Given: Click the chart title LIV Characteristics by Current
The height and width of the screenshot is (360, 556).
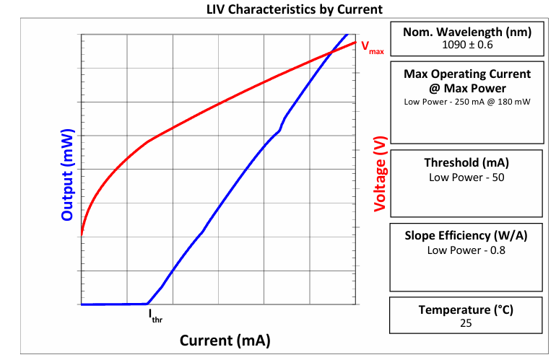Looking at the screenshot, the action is coord(295,9).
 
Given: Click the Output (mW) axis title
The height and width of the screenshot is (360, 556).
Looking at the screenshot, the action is coord(67,175).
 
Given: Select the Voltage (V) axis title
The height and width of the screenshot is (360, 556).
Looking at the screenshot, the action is coord(380,174).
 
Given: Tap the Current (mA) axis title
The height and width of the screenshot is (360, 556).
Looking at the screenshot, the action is coord(225,340).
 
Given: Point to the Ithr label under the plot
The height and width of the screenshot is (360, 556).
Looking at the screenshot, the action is coord(155,316).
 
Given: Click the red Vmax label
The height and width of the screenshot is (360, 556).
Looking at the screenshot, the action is coord(373,48).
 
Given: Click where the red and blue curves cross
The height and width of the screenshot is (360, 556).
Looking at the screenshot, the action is coord(331,53).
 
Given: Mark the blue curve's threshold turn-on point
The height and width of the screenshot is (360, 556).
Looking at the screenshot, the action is coord(147,303).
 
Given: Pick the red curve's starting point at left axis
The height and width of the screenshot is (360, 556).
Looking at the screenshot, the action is coord(82,234).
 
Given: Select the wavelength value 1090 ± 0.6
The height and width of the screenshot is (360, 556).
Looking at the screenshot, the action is coord(467,45).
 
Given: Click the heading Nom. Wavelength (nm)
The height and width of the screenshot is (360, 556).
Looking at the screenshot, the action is coord(467,32).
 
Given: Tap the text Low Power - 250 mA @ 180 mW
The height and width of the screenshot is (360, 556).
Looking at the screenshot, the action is coord(467,102).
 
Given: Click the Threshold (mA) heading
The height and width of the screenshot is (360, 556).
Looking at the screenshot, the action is coord(466,162).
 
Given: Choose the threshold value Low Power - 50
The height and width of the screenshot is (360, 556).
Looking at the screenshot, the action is coord(466,177).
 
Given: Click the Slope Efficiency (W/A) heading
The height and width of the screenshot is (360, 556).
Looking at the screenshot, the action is coord(466,236).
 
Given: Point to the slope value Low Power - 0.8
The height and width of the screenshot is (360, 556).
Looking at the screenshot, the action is coord(466,250).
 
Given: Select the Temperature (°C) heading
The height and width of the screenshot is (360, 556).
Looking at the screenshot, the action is coord(466,309).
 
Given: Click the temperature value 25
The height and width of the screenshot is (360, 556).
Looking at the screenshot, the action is coord(466,323).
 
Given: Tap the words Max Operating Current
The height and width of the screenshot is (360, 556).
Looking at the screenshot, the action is coord(467,74).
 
